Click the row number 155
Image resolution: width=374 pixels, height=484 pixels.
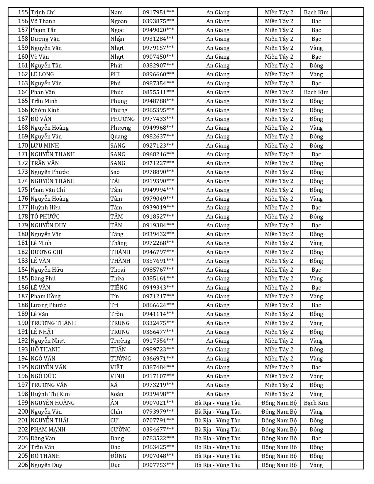pos(23,12)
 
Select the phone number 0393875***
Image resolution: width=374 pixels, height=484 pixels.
pos(158,21)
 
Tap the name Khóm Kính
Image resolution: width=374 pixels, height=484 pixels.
pos(45,110)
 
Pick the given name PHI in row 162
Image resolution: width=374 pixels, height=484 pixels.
pos(115,74)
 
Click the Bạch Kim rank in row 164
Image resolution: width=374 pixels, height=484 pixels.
pos(316,92)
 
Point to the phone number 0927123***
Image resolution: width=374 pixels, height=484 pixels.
pos(158,145)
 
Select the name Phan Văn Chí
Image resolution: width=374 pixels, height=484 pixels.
pos(48,190)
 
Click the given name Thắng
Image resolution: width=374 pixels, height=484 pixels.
pos(119,243)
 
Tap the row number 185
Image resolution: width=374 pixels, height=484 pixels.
pos(23,278)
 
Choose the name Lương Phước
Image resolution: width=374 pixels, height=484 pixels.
pos(48,305)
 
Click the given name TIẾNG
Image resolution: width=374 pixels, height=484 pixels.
pos(119,287)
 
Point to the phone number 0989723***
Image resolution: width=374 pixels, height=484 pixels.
pos(158,349)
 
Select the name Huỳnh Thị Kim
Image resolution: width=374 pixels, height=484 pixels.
pos(50,394)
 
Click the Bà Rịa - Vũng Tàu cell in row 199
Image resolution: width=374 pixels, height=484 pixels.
pos(218,403)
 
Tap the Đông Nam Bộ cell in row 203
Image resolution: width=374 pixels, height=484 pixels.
pos(279,438)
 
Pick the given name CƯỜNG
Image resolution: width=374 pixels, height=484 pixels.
pos(120,429)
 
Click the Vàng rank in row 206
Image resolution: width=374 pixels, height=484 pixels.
pos(316,465)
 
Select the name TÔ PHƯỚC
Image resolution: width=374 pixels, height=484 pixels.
pos(45,216)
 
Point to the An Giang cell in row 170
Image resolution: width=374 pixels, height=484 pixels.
pos(218,145)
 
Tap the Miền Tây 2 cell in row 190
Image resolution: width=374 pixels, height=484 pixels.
pos(279,323)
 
